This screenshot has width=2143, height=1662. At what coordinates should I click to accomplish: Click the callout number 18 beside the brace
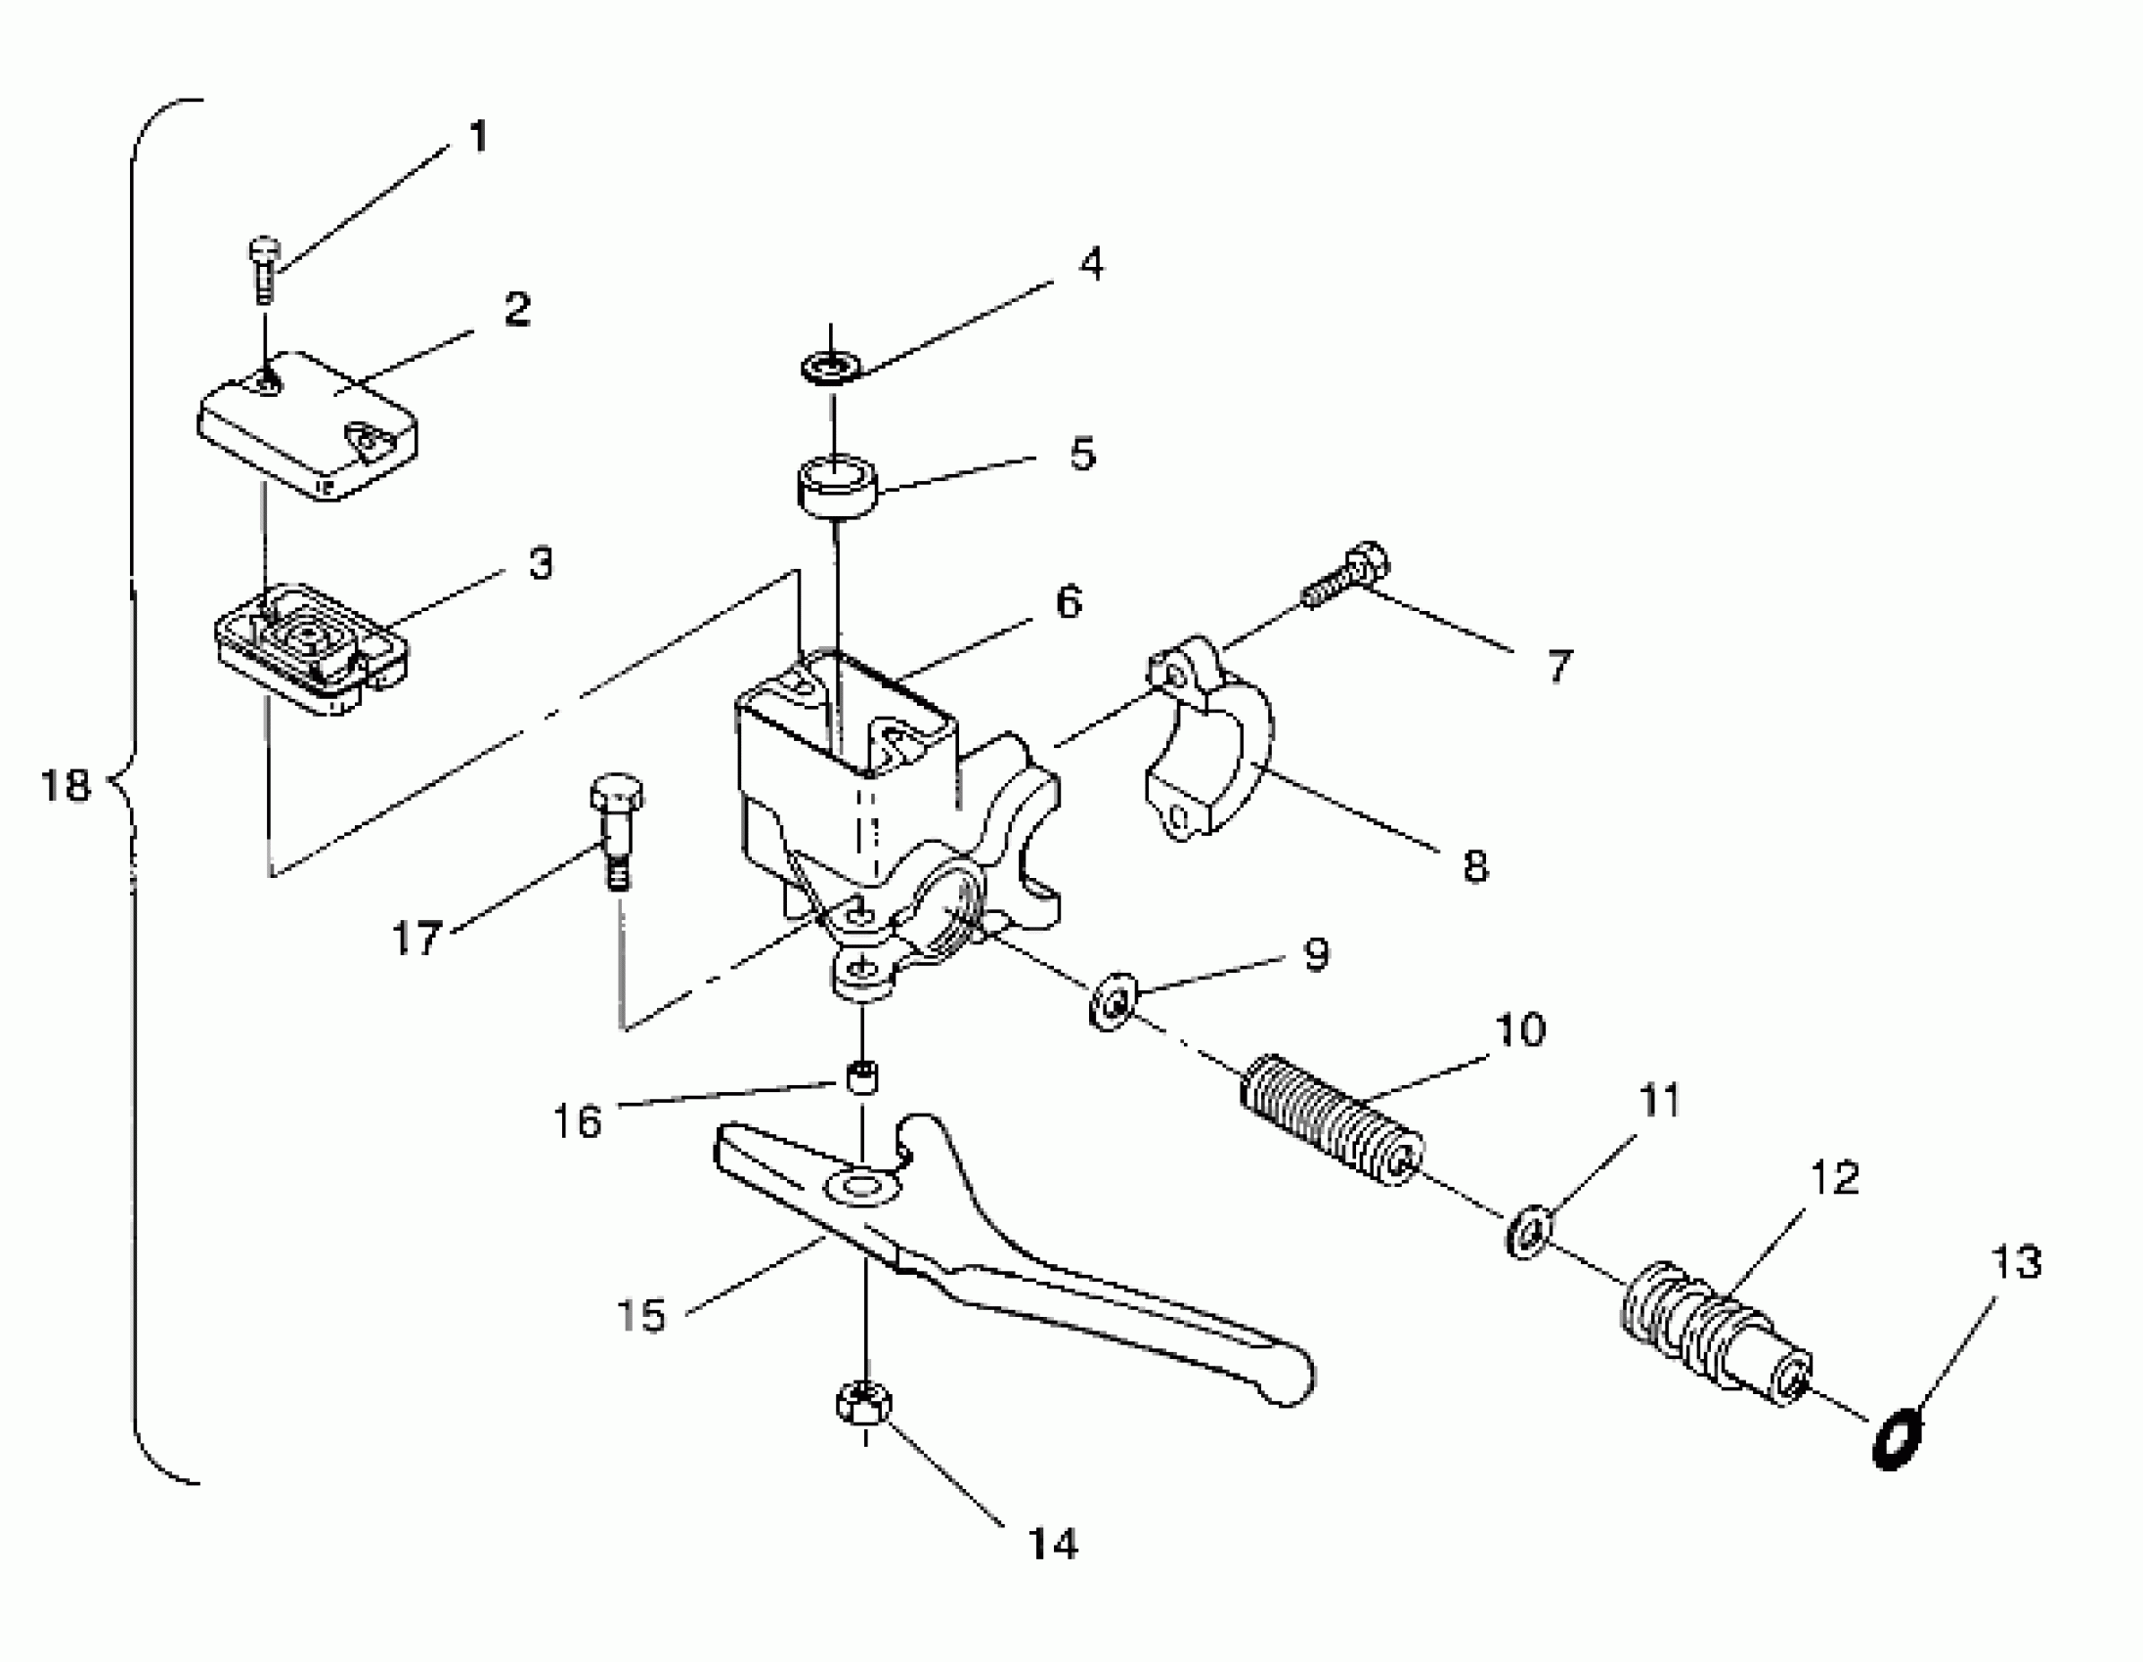coord(65,786)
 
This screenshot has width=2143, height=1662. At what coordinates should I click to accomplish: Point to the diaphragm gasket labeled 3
coord(311,648)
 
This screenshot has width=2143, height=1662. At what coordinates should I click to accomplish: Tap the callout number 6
coord(1069,601)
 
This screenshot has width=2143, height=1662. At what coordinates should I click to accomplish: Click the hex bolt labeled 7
coord(1347,578)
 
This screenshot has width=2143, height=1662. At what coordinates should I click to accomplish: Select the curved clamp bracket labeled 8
coord(1211,751)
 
